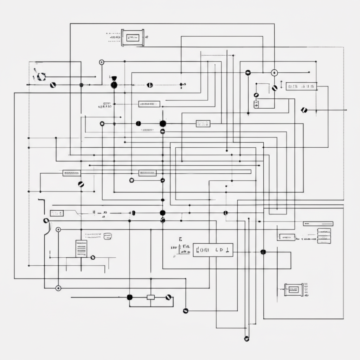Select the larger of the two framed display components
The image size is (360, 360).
[133, 37]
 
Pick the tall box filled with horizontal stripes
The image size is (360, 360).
[81, 249]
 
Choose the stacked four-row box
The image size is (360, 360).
[324, 236]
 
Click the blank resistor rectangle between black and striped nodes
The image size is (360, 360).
[151, 297]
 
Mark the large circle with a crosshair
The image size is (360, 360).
[274, 73]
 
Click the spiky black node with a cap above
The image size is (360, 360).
[114, 85]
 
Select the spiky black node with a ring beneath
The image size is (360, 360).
[162, 123]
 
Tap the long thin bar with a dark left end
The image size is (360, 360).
[318, 224]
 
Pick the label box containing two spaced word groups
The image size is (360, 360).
[302, 86]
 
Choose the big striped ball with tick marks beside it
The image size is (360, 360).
[41, 76]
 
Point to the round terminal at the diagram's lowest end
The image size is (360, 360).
[246, 339]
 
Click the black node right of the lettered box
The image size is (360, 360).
[263, 252]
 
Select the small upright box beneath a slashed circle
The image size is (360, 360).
[256, 104]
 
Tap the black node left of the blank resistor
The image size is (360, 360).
[130, 297]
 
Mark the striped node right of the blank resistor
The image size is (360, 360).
[168, 297]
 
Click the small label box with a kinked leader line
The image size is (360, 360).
[57, 213]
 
